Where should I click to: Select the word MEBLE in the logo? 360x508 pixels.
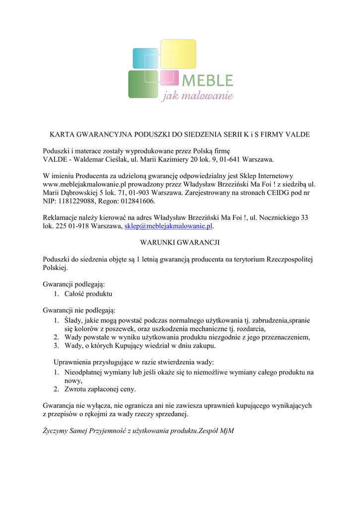click(208, 80)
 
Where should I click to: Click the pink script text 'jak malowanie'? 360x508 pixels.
click(197, 95)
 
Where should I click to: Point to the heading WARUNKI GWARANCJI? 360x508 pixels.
click(180, 243)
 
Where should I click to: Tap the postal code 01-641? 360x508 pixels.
click(230, 159)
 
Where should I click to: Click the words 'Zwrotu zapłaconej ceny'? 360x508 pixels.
click(100, 389)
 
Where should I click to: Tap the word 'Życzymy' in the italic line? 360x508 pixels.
click(56, 431)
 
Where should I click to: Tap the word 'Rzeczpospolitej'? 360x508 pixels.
click(290, 259)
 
